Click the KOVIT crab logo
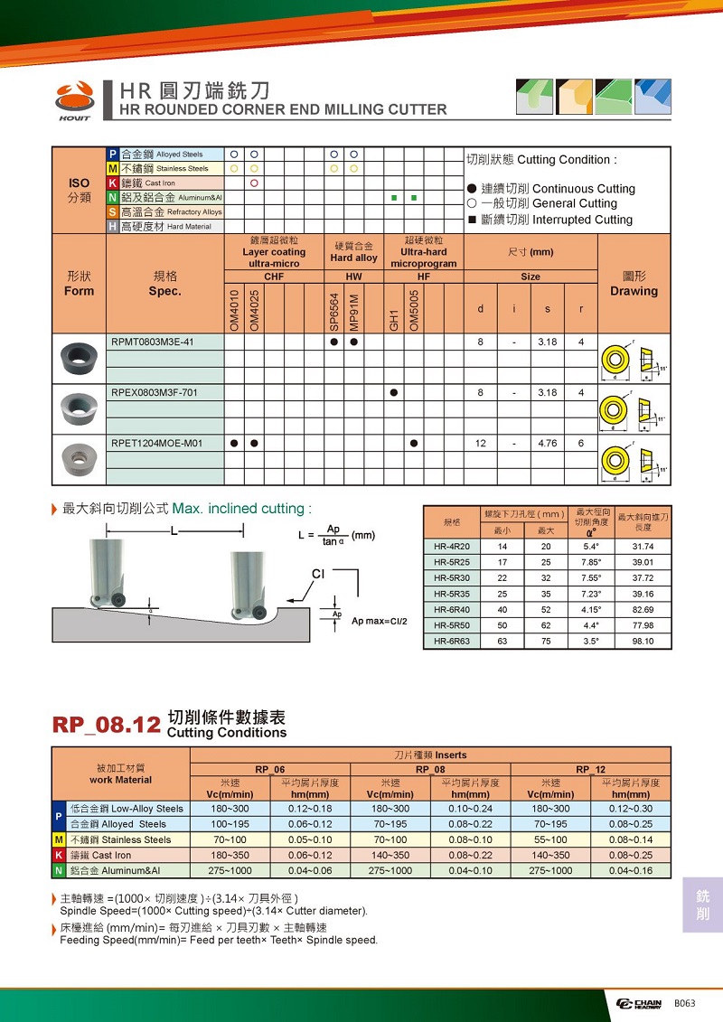click(74, 96)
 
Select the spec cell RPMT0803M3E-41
click(153, 342)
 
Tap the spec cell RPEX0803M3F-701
click(155, 392)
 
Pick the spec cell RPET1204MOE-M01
click(156, 443)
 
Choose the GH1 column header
click(394, 317)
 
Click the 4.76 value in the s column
click(548, 443)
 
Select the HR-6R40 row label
click(452, 610)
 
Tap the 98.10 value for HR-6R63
click(643, 642)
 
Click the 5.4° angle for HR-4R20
click(592, 547)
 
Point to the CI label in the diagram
click(317, 574)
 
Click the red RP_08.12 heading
click(107, 725)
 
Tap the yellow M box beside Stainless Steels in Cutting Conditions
click(59, 839)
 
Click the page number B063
click(682, 1004)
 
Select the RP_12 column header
click(590, 769)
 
